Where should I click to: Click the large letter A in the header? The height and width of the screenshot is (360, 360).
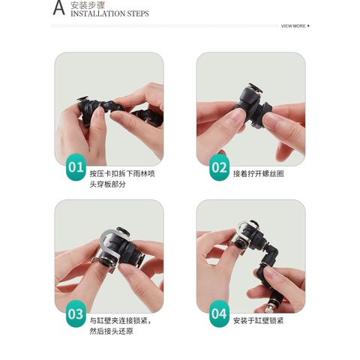tap(58, 8)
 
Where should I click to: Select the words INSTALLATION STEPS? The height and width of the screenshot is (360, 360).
tap(109, 13)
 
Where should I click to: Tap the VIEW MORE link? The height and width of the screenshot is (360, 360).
tap(293, 25)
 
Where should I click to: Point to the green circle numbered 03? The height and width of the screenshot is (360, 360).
tap(76, 314)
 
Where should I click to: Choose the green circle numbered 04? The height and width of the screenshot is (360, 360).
tap(218, 314)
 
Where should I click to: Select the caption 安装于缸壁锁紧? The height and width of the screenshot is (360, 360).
tap(258, 320)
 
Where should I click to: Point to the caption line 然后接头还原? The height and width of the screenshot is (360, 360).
tap(110, 331)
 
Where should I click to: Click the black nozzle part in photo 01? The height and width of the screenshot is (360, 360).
tap(105, 112)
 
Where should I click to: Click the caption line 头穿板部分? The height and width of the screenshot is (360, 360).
tap(107, 182)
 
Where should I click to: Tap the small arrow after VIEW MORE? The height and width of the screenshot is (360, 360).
tap(309, 25)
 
